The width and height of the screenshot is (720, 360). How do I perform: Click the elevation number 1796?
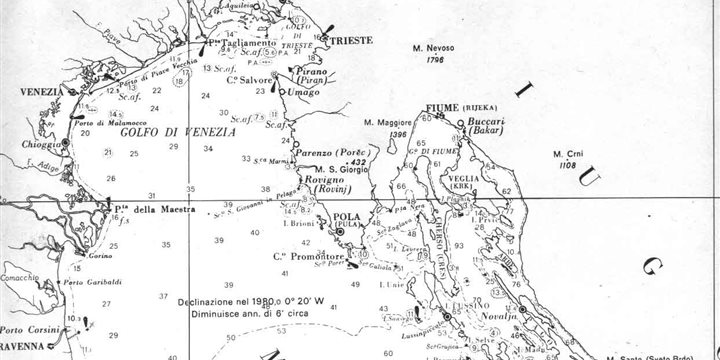433,60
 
